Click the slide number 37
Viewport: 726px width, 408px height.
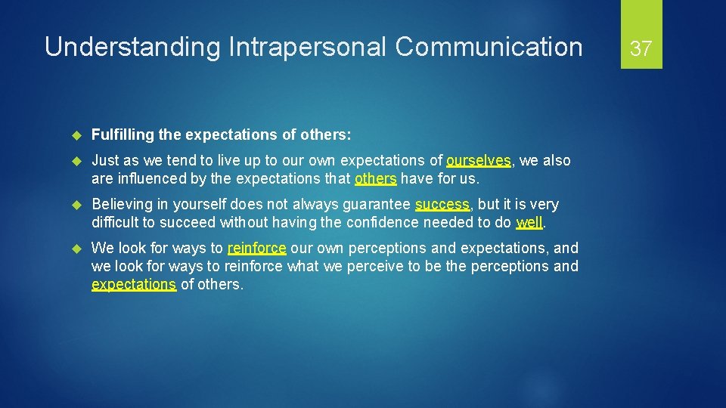pos(641,49)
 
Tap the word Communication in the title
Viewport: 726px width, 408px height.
pos(489,48)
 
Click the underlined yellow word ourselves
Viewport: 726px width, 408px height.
pos(479,160)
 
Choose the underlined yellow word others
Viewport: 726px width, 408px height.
pos(375,178)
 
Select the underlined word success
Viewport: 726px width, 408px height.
pos(442,204)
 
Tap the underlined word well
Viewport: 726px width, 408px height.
pos(529,222)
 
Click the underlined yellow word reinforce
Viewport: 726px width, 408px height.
pos(256,248)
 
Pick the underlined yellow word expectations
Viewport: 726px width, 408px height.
pos(134,284)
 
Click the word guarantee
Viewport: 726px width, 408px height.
pos(374,204)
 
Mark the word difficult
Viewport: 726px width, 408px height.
pos(116,222)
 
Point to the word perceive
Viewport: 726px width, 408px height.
pos(371,266)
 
